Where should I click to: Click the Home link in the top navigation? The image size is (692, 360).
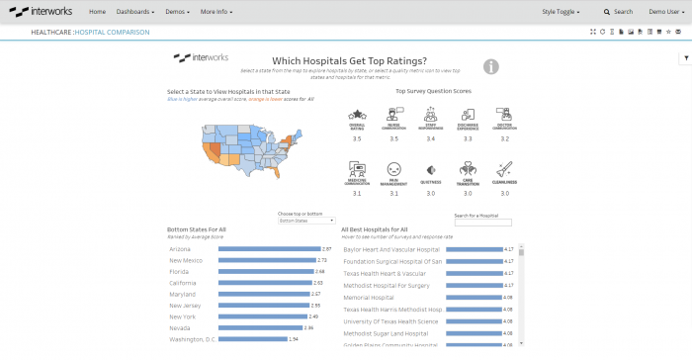click(97, 12)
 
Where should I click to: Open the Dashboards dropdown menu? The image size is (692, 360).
click(134, 12)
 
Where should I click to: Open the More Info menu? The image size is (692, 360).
click(218, 12)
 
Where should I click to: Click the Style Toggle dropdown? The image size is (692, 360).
click(561, 12)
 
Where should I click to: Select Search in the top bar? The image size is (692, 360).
click(619, 12)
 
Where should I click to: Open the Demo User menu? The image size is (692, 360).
click(664, 12)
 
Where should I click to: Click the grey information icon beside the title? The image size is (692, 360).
click(491, 66)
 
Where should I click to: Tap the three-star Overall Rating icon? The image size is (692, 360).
click(357, 117)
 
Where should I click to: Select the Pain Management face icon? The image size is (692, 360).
click(394, 169)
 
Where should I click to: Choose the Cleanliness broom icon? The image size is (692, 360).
click(504, 169)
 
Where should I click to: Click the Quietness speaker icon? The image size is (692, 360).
click(431, 170)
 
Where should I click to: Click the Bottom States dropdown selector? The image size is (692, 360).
click(306, 221)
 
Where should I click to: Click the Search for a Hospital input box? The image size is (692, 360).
click(482, 223)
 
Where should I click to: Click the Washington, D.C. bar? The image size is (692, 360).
click(253, 339)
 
